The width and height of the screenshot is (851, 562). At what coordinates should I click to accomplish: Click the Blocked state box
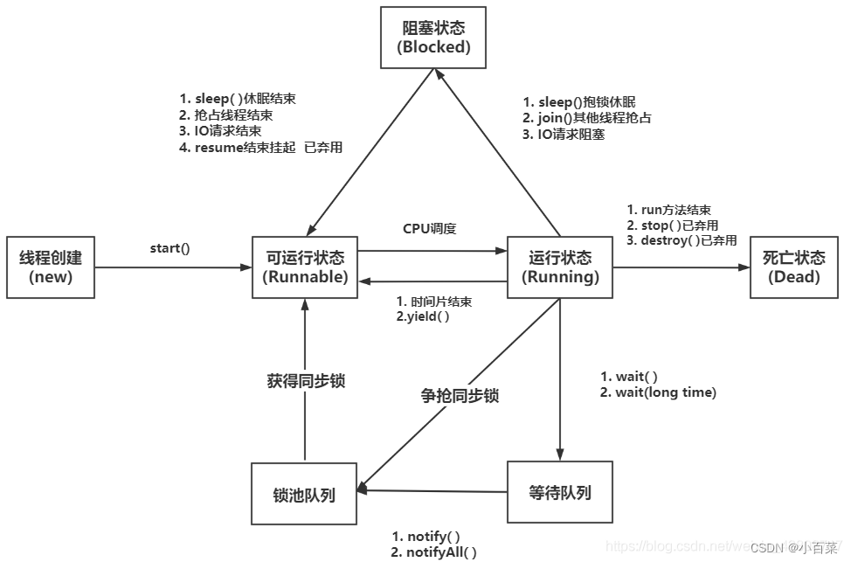pos(434,38)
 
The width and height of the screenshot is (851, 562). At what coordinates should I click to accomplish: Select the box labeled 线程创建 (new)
pos(51,267)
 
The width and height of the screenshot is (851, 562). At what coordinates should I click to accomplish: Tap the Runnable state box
pos(305,267)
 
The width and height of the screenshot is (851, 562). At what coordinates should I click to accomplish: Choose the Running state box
pos(560,267)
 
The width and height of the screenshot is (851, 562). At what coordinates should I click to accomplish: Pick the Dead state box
pos(794,267)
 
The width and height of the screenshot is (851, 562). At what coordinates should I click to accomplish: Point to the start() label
pos(170,248)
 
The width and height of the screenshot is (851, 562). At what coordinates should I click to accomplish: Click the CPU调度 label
pos(429,229)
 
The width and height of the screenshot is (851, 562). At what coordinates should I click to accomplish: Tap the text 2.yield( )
pos(423,316)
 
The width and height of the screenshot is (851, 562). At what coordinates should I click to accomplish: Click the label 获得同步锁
pos(305,381)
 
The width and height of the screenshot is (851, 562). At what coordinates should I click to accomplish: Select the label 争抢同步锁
pos(460,396)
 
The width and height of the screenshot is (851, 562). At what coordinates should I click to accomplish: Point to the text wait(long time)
pos(658,392)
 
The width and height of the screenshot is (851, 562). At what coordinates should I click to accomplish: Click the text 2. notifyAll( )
pos(434,552)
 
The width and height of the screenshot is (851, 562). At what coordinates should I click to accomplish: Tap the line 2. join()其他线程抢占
pos(587,118)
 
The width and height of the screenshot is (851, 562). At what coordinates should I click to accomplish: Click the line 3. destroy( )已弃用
pos(682,240)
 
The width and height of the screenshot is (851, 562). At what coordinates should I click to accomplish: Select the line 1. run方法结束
pos(669,210)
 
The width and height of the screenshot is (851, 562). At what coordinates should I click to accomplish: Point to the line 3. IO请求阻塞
pos(564,134)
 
